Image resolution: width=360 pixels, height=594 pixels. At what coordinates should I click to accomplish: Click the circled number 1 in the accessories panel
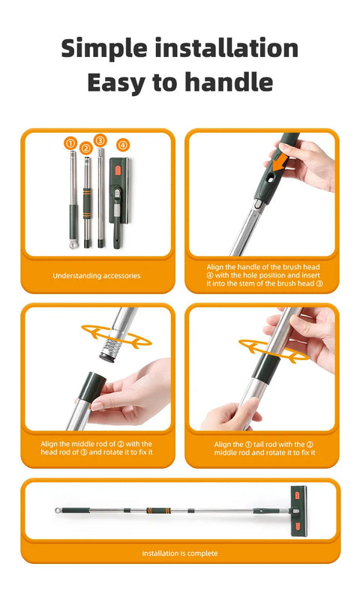pyautogui.click(x=70, y=142)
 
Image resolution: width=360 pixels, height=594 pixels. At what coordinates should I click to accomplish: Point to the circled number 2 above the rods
pyautogui.click(x=86, y=148)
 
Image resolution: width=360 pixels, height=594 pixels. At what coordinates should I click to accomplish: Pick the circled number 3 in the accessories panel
pyautogui.click(x=100, y=140)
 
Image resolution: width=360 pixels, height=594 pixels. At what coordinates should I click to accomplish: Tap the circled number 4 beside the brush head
pyautogui.click(x=122, y=145)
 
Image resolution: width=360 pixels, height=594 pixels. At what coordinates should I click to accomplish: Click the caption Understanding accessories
pyautogui.click(x=96, y=276)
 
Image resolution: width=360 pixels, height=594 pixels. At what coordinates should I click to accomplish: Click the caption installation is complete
pyautogui.click(x=180, y=553)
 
